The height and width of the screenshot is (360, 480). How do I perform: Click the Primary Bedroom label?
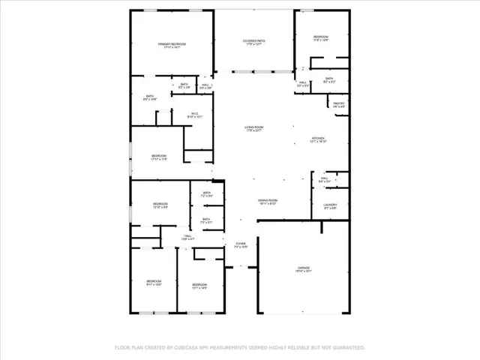pos(172,44)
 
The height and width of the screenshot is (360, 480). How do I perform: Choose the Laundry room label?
pos(330,205)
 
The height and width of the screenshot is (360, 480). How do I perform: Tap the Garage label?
pos(304,267)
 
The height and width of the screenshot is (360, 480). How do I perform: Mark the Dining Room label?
pos(268,199)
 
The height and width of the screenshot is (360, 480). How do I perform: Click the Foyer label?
pos(240,244)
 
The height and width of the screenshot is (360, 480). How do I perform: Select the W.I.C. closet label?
pos(195,113)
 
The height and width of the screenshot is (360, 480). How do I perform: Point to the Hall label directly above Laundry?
pos(324,178)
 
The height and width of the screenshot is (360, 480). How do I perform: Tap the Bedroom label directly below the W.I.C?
pos(158,155)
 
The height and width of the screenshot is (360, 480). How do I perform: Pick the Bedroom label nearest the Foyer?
pos(199,284)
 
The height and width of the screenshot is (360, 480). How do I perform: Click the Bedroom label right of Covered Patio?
pos(320,37)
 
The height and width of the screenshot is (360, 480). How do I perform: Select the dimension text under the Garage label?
pos(304,271)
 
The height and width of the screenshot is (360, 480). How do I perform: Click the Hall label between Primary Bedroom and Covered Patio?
pos(205,85)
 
